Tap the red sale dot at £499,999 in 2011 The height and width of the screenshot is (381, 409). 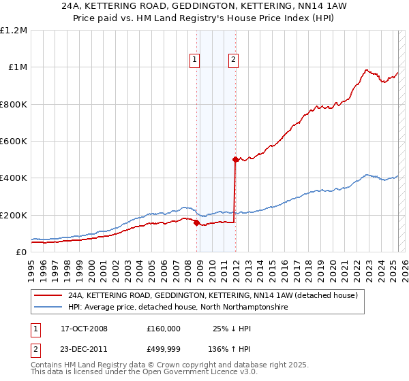(235, 159)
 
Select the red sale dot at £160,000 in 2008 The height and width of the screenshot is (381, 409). (197, 222)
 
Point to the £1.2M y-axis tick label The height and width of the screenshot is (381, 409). (14, 31)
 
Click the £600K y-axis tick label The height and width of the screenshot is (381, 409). (14, 142)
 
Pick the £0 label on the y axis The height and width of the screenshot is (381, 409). (22, 252)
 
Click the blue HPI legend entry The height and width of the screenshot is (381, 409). (178, 308)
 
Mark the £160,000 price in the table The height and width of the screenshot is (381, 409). (164, 329)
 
